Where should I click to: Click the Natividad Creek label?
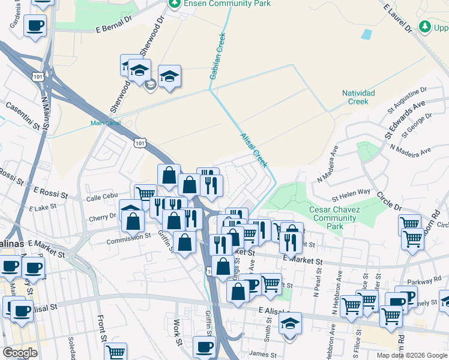click(358, 97)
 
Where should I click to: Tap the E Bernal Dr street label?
click(113, 25)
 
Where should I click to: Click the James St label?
click(262, 354)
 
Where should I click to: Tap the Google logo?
click(19, 353)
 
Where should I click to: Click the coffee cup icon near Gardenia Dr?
click(34, 26)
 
